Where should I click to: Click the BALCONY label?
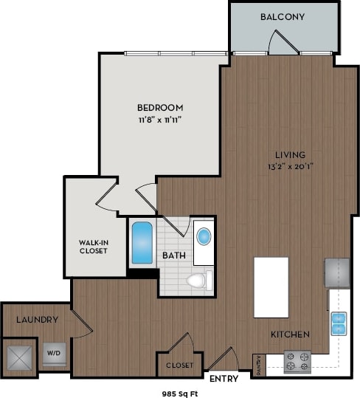[x=283, y=16]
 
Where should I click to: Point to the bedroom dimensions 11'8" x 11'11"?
[x=159, y=119]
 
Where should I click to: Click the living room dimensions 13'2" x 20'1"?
[x=290, y=166]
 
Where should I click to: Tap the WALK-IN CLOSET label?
[x=94, y=246]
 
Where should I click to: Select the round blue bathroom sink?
[x=203, y=237]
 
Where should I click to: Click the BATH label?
[x=174, y=257]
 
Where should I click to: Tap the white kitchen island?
[x=271, y=287]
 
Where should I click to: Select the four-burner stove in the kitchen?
[x=298, y=362]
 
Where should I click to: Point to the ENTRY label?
[x=224, y=379]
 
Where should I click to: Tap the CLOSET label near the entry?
[x=179, y=366]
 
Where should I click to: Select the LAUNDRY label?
[x=36, y=320]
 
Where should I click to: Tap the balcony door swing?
[x=283, y=42]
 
